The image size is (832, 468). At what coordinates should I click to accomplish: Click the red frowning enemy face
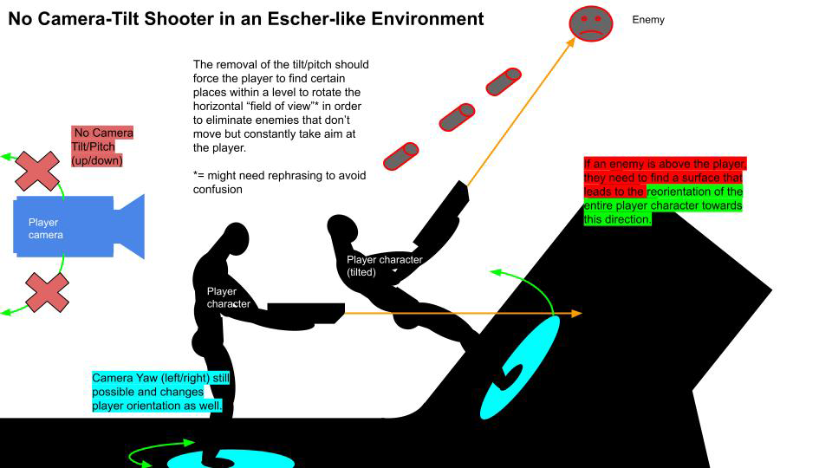590,23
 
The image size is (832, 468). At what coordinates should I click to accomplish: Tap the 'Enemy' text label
648,19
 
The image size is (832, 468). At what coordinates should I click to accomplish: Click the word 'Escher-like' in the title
306,18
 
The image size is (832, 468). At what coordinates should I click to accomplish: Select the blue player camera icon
77,226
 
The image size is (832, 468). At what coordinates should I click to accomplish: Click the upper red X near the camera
38,170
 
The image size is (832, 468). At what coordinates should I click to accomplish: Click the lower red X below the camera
47,292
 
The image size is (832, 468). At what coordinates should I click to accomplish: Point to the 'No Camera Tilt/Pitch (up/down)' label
102,146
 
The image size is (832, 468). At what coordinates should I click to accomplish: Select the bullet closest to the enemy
504,81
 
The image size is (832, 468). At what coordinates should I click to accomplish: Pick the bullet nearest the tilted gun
400,156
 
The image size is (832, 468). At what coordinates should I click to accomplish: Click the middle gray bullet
457,117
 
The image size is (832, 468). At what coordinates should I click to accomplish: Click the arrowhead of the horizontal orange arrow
576,313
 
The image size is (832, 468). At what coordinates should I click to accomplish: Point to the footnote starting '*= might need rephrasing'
279,182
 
